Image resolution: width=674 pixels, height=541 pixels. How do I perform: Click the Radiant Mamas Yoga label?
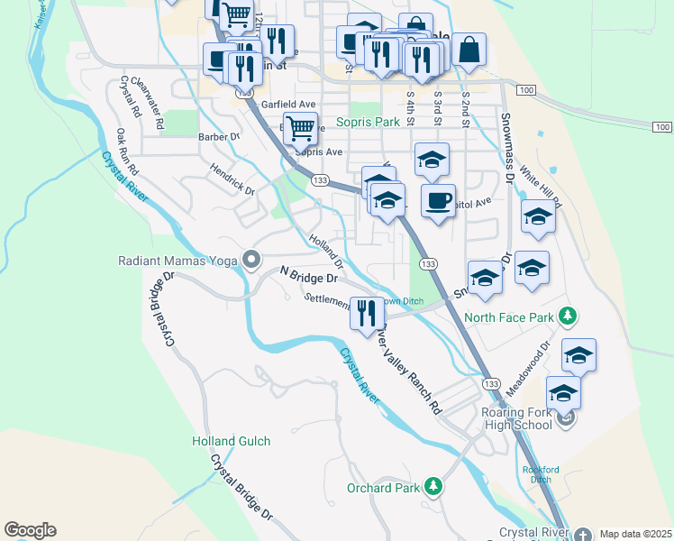point(177,261)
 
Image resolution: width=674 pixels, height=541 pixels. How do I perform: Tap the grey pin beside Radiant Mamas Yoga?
point(251,261)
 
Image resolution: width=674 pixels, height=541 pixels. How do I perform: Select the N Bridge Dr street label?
point(308,275)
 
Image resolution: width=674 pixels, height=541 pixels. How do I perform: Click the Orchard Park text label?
point(384,488)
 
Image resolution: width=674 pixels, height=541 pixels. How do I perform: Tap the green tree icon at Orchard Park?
point(433,487)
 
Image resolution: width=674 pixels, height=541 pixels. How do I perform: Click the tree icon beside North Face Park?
point(567,316)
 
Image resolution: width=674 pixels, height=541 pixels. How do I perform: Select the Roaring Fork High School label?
point(513,419)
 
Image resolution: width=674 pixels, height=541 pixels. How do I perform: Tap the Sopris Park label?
point(367,121)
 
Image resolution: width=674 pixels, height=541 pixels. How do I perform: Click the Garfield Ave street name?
point(287,104)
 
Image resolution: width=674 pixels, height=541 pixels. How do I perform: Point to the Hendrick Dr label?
point(232,179)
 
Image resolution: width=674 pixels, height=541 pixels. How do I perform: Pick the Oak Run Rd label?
point(127,151)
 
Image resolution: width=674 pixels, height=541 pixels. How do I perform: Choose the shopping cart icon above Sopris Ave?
point(300,127)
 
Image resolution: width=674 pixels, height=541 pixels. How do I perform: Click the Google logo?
point(30,530)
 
